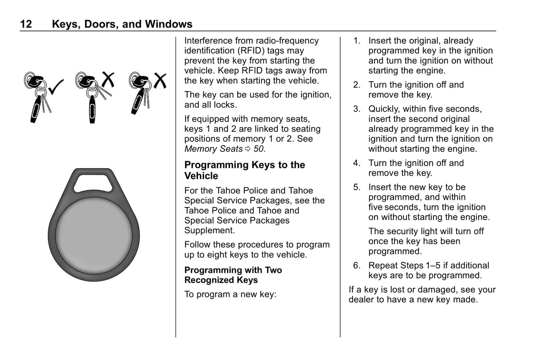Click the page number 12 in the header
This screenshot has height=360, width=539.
[26, 24]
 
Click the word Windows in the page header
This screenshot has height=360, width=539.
[169, 24]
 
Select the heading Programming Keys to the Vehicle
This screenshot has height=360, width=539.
[244, 170]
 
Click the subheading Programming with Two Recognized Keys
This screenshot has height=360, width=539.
[233, 275]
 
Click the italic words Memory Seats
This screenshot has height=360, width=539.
[213, 149]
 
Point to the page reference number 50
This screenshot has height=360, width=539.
[258, 149]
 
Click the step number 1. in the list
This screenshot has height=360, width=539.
[357, 41]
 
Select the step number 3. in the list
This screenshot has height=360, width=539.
[357, 109]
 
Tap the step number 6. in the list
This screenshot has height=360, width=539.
[357, 266]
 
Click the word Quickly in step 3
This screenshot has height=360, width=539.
[384, 109]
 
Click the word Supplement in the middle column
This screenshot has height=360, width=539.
[209, 231]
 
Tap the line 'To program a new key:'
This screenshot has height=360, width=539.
[230, 294]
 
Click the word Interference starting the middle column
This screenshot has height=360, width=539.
[208, 41]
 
